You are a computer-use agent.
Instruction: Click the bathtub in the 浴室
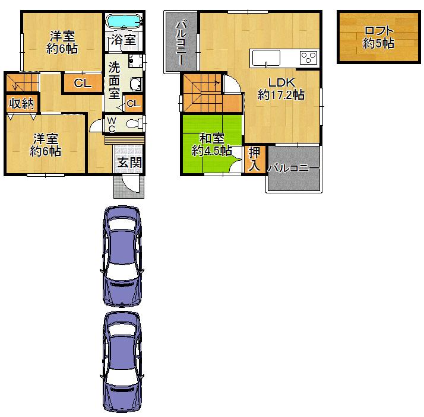(124, 22)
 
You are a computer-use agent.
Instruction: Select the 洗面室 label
(113, 78)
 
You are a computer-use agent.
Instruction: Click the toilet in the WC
(137, 123)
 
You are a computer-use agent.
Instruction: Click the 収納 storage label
(21, 103)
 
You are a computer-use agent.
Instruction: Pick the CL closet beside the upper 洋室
(83, 84)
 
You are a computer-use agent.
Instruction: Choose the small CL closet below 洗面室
(134, 104)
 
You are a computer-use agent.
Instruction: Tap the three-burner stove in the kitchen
(308, 58)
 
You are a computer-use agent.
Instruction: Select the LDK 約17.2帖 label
(280, 88)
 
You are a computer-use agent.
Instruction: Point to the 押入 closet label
(254, 159)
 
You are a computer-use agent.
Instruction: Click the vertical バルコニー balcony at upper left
(182, 43)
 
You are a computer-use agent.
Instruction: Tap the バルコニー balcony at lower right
(293, 169)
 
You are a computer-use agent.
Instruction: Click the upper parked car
(121, 255)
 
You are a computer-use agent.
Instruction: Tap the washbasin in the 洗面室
(136, 84)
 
